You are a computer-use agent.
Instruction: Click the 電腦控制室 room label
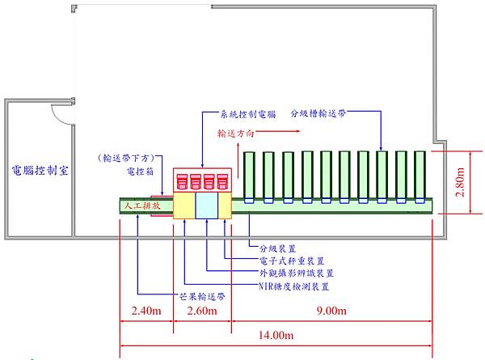click(x=38, y=171)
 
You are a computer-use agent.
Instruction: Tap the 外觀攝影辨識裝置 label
click(x=292, y=273)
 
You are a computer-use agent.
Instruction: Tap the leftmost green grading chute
click(x=250, y=176)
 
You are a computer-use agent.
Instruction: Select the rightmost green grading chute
click(x=420, y=176)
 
